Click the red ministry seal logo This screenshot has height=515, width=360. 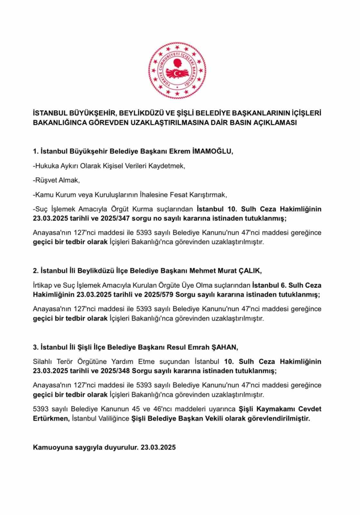(177, 70)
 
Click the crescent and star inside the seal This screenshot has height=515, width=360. (177, 74)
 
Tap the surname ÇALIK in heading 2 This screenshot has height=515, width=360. (250, 271)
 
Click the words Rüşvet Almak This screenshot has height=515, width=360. (57, 180)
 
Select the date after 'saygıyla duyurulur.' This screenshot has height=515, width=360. (158, 447)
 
